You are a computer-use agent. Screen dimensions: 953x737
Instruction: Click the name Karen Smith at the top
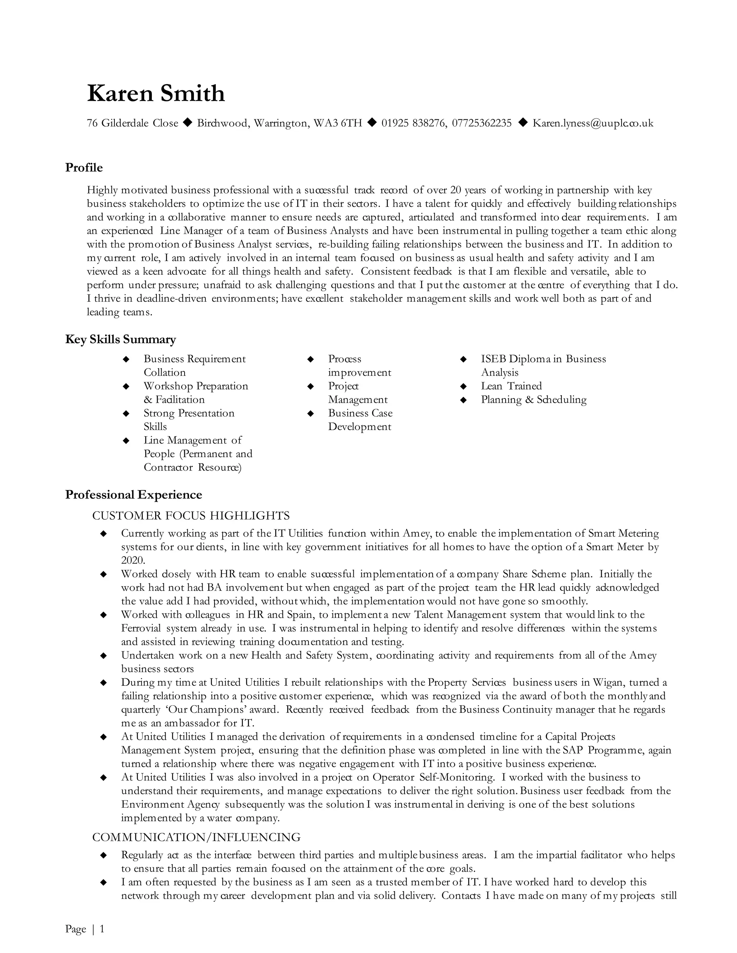click(156, 94)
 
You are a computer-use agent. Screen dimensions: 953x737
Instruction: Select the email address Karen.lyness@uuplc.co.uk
click(592, 123)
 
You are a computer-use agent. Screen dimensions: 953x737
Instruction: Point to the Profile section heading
click(84, 168)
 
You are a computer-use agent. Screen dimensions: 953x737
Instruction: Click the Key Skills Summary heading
click(121, 339)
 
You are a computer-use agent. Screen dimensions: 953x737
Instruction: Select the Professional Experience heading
click(134, 494)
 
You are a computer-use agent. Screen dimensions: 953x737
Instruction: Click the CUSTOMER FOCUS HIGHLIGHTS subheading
click(191, 516)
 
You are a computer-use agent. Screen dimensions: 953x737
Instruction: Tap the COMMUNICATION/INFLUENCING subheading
click(196, 837)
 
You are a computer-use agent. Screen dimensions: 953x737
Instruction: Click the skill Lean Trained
click(511, 386)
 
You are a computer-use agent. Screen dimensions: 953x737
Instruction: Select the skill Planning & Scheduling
click(534, 399)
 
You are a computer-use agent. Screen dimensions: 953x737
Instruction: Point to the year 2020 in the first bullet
click(133, 560)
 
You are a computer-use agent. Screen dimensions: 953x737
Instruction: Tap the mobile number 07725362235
click(481, 123)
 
